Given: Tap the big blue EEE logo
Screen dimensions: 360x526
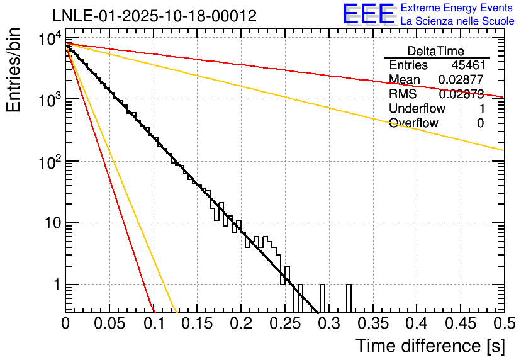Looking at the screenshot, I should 368,14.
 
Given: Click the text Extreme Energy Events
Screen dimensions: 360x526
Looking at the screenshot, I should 457,8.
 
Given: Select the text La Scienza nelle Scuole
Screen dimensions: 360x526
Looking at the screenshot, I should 457,21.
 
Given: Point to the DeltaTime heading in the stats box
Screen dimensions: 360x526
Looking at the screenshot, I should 435,51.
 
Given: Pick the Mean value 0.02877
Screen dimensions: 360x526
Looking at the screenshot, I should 461,80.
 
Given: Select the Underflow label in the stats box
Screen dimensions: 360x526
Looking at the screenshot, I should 417,108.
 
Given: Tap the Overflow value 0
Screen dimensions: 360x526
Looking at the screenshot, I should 480,123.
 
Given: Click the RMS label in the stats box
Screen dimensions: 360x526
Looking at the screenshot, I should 403,94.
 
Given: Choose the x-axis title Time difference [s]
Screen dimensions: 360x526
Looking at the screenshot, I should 430,346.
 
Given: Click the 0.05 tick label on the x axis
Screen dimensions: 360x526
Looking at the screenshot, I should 109,323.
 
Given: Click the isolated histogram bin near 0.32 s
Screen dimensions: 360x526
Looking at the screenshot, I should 349,298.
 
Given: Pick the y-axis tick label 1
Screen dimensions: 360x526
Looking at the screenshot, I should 55,285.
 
